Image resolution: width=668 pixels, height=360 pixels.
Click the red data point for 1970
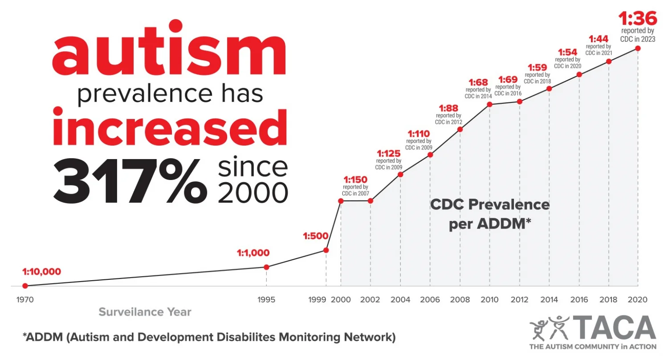tap(25, 286)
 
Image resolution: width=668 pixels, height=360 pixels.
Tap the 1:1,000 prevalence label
tap(253, 253)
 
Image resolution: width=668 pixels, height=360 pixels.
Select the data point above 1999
tap(326, 250)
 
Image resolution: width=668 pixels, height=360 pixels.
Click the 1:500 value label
tap(315, 236)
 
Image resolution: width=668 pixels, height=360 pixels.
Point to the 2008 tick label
tap(460, 299)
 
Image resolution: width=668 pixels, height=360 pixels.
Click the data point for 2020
tap(638, 48)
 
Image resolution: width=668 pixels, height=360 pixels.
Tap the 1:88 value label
tap(448, 108)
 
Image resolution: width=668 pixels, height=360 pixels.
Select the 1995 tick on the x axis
tap(266, 299)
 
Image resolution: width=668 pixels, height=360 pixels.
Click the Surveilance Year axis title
tap(145, 312)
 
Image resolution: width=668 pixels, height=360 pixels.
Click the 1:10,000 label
tap(41, 271)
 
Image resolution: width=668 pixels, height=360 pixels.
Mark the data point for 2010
tap(489, 104)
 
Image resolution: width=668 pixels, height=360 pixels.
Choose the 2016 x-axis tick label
tap(579, 299)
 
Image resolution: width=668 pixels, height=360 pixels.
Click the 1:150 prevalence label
tap(355, 180)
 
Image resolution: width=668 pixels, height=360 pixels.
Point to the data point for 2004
tap(400, 174)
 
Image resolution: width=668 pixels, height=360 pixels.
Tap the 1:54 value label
tap(567, 52)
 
